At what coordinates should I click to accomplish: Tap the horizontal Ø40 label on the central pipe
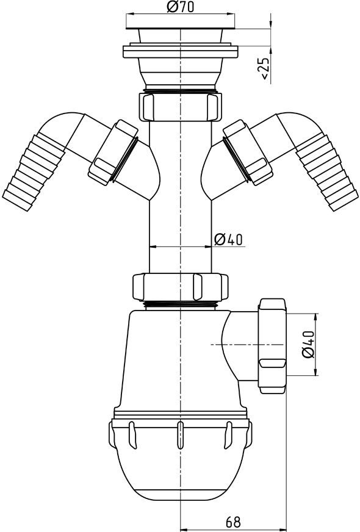[229, 239]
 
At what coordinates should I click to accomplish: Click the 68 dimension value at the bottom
[233, 522]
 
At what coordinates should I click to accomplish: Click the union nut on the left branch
[113, 151]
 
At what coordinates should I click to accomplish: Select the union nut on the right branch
[247, 151]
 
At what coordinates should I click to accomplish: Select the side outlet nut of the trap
[272, 345]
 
